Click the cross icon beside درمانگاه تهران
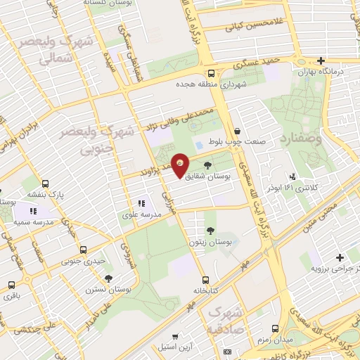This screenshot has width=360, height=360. tap(321, 60)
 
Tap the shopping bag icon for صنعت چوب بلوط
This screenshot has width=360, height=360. tap(237, 131)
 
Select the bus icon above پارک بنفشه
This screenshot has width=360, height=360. tap(46, 183)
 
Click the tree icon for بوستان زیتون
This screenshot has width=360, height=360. tap(210, 231)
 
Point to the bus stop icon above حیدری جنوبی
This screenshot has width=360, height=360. tap(84, 250)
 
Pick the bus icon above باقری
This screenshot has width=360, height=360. tap(11, 285)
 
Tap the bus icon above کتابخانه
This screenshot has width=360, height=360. tap(205, 278)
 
